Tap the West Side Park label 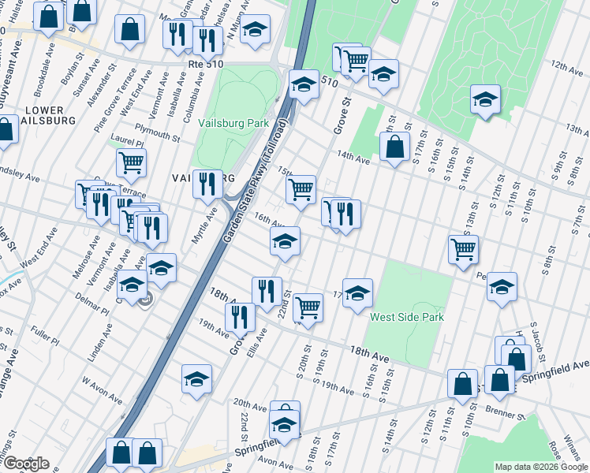[407, 317]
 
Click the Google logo [25, 464]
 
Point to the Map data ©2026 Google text [541, 467]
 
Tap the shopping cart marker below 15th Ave [301, 190]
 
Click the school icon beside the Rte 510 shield [303, 84]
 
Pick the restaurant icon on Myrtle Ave [207, 184]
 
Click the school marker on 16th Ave [285, 240]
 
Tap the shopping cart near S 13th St [463, 249]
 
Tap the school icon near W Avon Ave [196, 378]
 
